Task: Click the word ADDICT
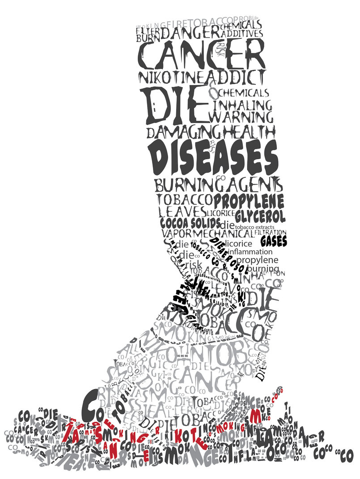coord(235,76)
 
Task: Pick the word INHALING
coord(243,106)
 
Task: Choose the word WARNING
coord(241,117)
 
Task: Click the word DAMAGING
coord(182,132)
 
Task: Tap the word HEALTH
coord(247,132)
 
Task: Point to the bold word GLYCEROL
coord(260,216)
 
